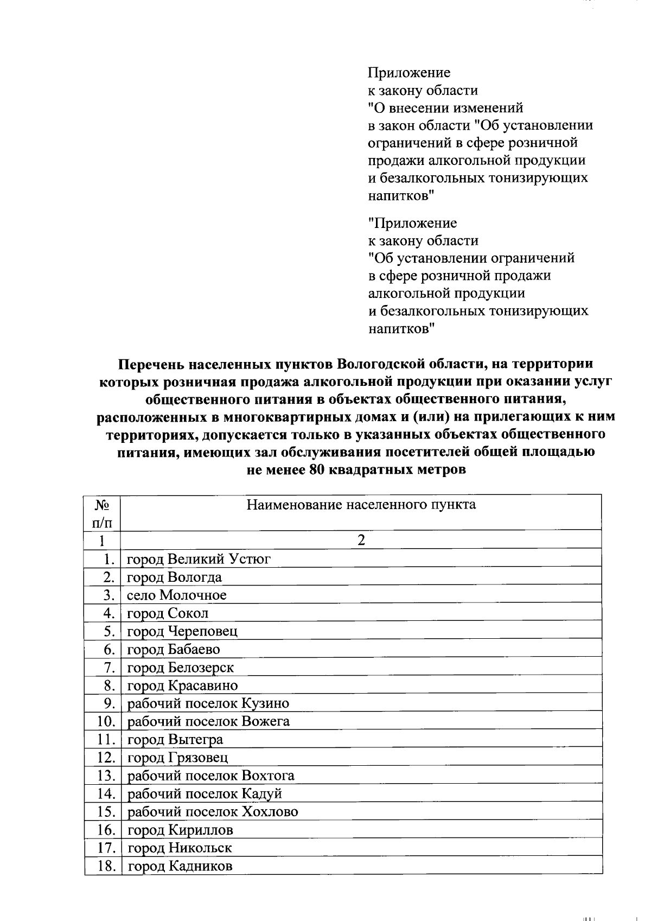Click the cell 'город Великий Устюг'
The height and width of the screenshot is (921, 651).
(x=199, y=559)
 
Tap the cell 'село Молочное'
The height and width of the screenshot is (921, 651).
(x=177, y=595)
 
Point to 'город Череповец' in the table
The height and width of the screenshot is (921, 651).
(x=182, y=631)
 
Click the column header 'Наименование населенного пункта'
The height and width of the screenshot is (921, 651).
(x=361, y=505)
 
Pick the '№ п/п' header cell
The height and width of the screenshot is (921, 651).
(x=103, y=513)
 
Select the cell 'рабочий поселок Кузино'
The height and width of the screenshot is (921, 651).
(x=208, y=703)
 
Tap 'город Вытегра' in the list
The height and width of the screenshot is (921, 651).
(x=175, y=739)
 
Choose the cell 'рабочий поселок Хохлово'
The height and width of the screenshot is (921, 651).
(x=213, y=811)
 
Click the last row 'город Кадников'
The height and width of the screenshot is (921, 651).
(x=180, y=866)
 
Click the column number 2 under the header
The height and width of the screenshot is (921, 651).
(x=361, y=540)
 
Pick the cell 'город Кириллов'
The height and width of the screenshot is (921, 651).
(x=180, y=830)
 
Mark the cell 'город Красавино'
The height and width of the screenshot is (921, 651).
(x=182, y=685)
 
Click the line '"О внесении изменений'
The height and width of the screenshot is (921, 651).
(x=445, y=108)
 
